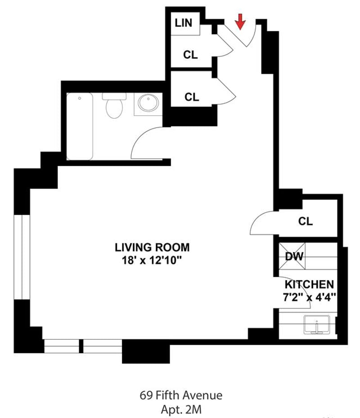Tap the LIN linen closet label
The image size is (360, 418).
[183, 22]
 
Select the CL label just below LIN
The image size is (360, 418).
[190, 55]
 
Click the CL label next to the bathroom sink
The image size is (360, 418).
[192, 97]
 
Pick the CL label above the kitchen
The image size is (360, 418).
[306, 221]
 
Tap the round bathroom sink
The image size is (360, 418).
[148, 103]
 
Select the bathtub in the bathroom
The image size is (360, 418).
[80, 126]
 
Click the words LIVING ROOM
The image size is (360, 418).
[152, 247]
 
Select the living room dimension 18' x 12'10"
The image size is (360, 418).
[152, 260]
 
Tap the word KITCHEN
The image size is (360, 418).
[309, 284]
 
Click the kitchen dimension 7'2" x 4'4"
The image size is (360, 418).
[309, 297]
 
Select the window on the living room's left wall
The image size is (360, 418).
[22, 257]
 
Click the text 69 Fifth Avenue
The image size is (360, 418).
[180, 396]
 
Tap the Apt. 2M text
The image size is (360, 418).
[180, 409]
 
